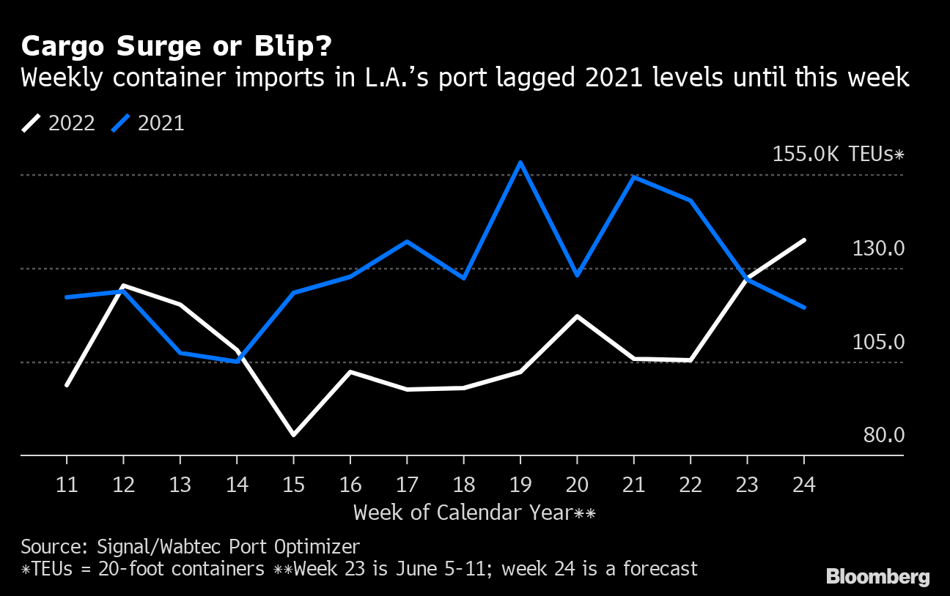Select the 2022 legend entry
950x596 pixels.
(x=59, y=123)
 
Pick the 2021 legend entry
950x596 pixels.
(x=148, y=123)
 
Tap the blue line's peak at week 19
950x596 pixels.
(x=520, y=163)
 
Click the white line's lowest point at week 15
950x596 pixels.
(x=293, y=435)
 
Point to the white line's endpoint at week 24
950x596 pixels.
(x=804, y=240)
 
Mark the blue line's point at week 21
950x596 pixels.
(x=633, y=177)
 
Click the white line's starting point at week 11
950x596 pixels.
(x=67, y=384)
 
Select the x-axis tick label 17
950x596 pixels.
(x=406, y=485)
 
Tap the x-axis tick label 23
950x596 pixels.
(x=747, y=485)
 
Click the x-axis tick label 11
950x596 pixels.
(x=67, y=485)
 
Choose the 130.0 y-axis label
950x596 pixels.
(x=878, y=249)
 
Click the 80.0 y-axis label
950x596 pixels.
(x=883, y=435)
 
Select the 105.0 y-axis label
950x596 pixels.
(x=878, y=342)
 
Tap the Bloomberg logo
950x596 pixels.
(x=877, y=576)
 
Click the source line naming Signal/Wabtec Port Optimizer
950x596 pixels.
(x=191, y=546)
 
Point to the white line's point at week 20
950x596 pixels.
(x=577, y=316)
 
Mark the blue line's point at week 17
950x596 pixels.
(x=406, y=242)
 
